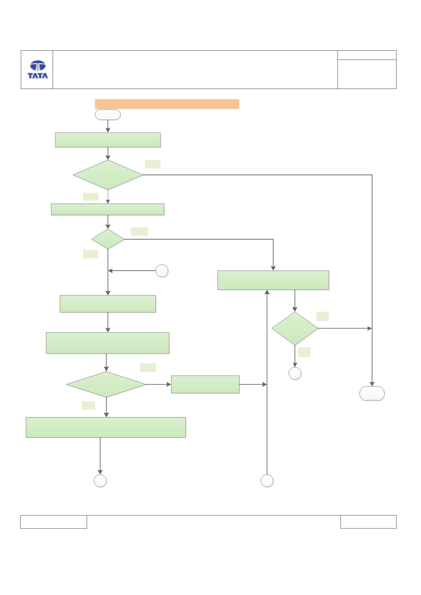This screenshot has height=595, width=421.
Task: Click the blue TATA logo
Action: (x=38, y=70)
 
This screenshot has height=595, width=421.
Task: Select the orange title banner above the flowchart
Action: (x=167, y=104)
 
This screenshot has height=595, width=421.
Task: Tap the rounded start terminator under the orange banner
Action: (x=108, y=115)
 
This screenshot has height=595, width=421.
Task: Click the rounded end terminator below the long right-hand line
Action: (x=372, y=394)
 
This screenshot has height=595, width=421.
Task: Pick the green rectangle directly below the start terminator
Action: (x=108, y=140)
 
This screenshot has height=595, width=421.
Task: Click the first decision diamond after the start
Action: (x=108, y=175)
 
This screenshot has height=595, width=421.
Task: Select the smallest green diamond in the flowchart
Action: (x=108, y=239)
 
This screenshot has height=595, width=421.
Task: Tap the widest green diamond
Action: (x=106, y=384)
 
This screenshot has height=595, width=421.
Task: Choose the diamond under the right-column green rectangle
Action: (x=295, y=329)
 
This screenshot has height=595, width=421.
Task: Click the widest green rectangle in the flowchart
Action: (x=106, y=427)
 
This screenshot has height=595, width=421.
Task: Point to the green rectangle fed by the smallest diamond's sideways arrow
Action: (x=273, y=280)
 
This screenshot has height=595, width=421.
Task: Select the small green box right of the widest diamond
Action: (x=205, y=384)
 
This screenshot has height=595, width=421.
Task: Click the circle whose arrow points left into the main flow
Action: (x=162, y=271)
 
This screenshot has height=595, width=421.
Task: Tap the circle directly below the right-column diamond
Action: (x=295, y=373)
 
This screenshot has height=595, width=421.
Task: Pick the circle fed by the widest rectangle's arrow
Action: (x=100, y=481)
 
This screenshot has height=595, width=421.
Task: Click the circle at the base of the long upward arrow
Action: (x=267, y=481)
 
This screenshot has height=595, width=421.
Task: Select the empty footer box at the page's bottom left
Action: (x=54, y=522)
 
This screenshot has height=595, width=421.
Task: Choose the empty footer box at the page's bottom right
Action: (x=368, y=522)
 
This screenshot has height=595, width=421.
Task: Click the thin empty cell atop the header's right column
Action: (x=367, y=55)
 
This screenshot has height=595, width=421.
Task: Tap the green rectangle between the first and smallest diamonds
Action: (x=108, y=210)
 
